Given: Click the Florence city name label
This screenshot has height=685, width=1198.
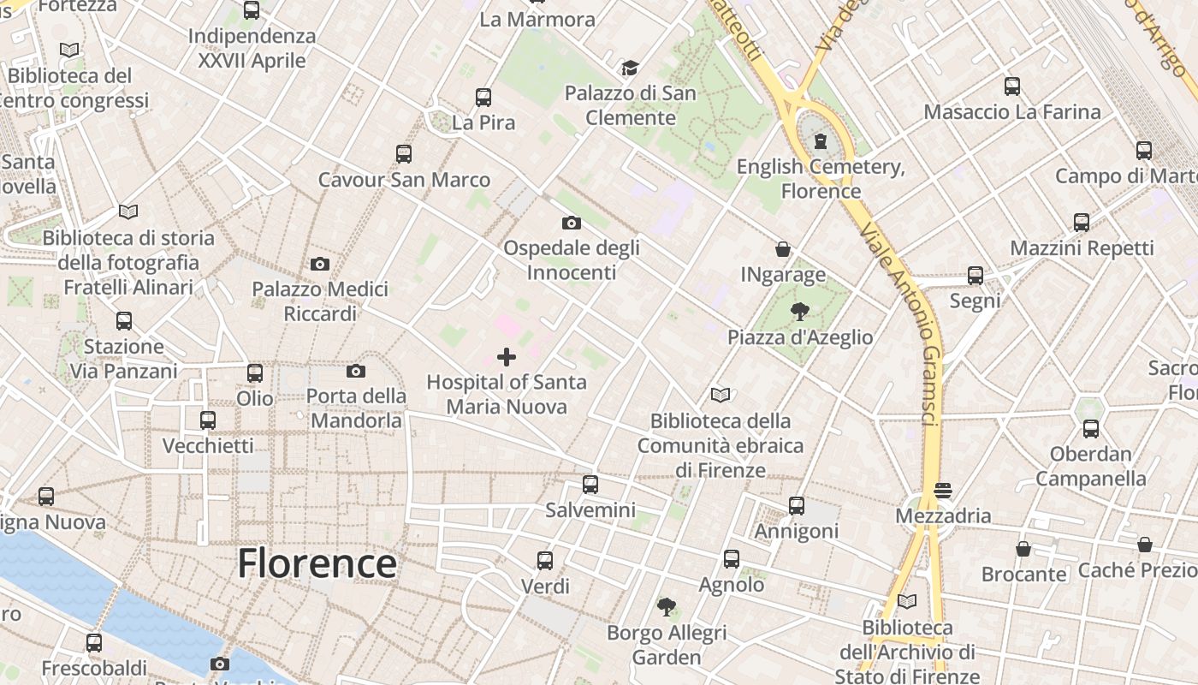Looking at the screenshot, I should [317, 563].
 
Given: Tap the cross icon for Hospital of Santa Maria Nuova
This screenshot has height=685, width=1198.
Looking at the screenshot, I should [507, 357].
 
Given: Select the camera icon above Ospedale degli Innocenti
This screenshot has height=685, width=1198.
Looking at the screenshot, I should [572, 223].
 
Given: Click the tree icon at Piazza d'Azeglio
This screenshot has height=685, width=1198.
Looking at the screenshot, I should [799, 312].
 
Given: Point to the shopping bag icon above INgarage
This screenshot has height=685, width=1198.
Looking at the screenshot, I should [782, 249].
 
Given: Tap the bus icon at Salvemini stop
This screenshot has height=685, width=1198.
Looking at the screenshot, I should [590, 485].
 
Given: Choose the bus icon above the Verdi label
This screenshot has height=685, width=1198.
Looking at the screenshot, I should [545, 561].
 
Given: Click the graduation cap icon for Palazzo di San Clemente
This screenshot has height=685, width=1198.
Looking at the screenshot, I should [630, 68].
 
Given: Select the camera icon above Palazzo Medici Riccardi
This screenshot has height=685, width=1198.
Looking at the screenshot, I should [320, 264].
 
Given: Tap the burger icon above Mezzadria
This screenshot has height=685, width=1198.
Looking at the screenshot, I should [943, 491].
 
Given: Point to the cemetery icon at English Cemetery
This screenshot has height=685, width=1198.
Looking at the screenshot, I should [821, 141].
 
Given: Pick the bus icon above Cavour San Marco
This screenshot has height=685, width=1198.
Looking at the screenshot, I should [404, 154].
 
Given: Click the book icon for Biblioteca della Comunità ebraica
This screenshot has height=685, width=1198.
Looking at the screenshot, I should [721, 396].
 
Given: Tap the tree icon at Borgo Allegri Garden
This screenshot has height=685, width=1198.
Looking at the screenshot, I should [666, 607].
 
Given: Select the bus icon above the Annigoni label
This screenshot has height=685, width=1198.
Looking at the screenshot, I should [797, 506].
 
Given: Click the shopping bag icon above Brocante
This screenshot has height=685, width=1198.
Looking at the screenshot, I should [1023, 549].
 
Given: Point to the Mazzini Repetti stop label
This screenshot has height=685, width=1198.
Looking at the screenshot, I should [1082, 248].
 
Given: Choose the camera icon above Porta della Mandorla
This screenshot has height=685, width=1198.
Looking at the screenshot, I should [356, 371].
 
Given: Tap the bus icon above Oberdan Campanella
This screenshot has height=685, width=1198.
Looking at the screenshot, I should [1091, 429].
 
